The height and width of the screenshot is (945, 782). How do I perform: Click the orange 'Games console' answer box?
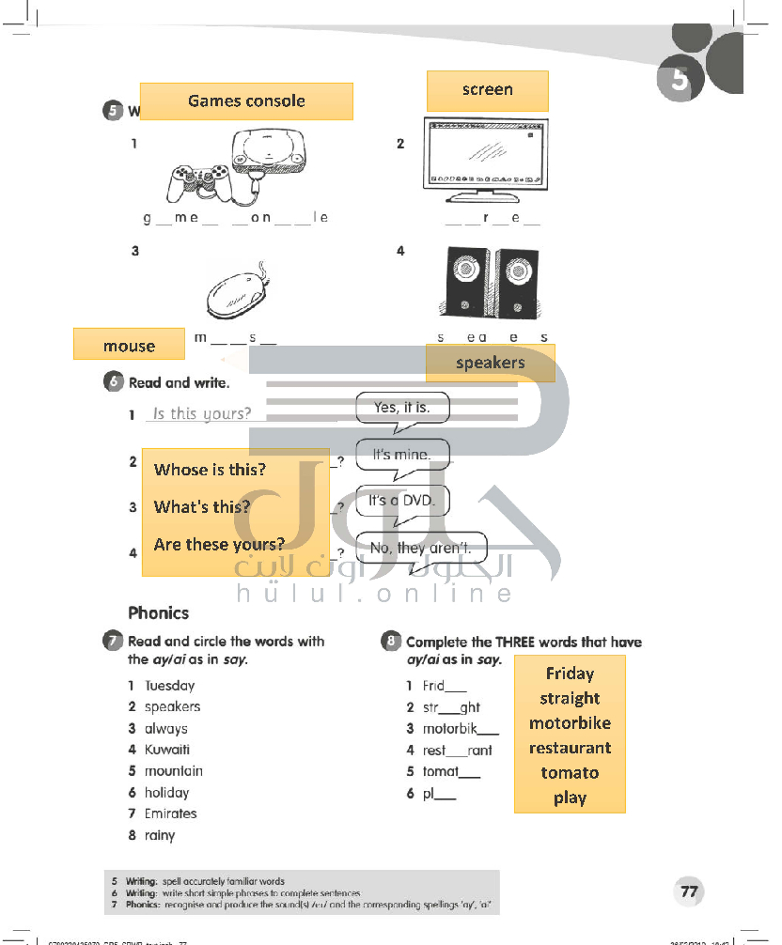click(x=246, y=101)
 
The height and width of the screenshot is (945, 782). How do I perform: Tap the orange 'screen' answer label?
click(x=487, y=90)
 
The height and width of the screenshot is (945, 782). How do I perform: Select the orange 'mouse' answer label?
click(x=129, y=345)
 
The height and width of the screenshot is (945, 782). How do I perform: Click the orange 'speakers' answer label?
click(x=490, y=363)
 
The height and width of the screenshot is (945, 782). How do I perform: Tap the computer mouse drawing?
click(x=237, y=293)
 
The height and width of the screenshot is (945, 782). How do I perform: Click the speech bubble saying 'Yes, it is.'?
click(x=402, y=408)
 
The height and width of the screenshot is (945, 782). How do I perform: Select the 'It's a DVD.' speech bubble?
click(x=402, y=501)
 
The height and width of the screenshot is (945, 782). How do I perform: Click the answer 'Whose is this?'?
click(x=210, y=470)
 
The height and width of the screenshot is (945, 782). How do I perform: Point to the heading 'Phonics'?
click(x=158, y=613)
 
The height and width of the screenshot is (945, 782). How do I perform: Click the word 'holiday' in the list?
click(x=166, y=793)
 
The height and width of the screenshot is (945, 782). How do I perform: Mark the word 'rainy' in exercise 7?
click(x=160, y=835)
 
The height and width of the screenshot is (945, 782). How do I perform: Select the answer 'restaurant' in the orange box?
click(x=570, y=748)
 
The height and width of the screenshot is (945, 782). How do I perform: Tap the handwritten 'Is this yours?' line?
click(x=202, y=413)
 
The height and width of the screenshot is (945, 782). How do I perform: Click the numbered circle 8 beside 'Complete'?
click(x=391, y=642)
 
